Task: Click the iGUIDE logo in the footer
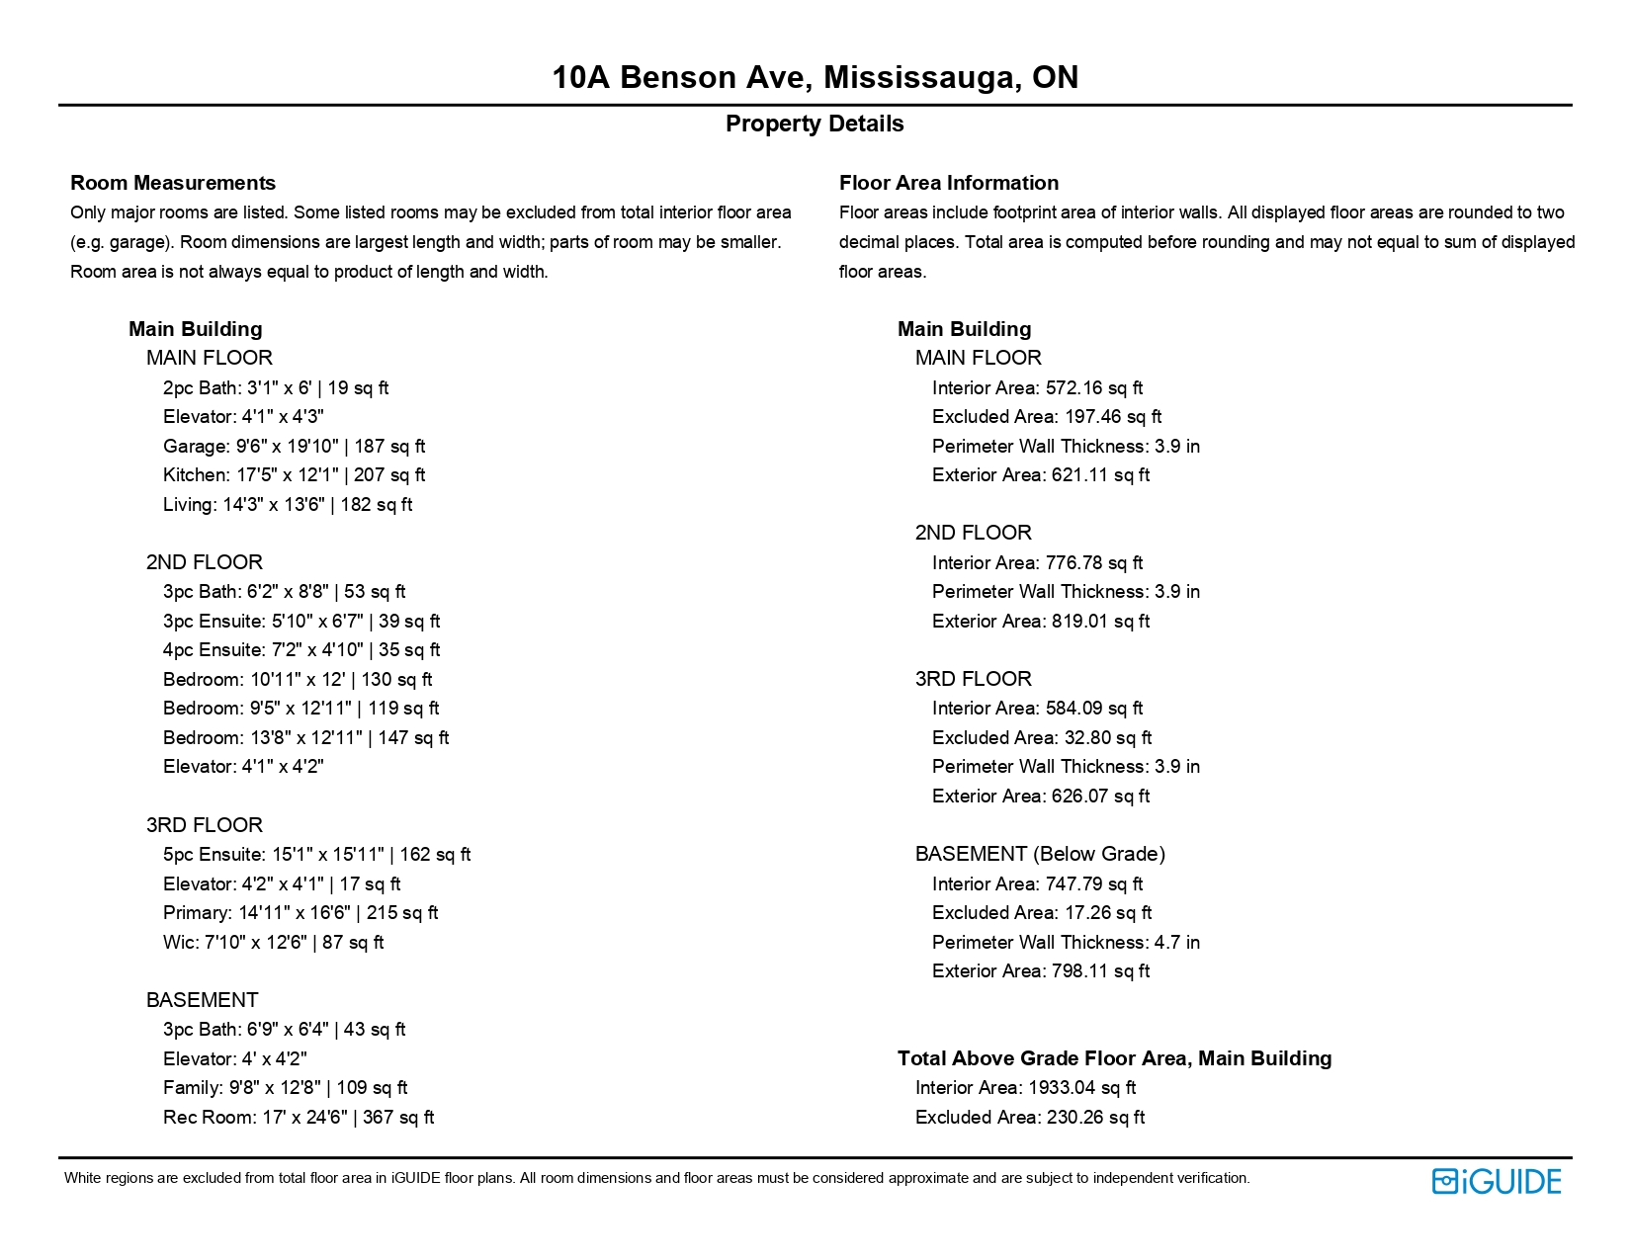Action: (1496, 1181)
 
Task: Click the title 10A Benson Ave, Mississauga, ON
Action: (815, 77)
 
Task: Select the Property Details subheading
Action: (815, 124)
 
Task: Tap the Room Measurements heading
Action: (173, 183)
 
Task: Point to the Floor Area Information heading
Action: (948, 183)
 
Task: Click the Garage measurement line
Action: (294, 447)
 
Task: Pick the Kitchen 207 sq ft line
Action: (294, 475)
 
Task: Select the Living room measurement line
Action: (287, 505)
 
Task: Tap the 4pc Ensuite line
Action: (301, 650)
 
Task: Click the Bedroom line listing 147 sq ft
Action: (305, 738)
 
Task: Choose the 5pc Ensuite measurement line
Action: (316, 855)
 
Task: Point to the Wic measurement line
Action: (273, 943)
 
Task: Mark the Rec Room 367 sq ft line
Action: (299, 1118)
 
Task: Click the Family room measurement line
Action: (285, 1088)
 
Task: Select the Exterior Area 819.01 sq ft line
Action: (1040, 622)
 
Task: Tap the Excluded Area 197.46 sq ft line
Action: (1046, 417)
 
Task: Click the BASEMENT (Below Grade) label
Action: (1040, 854)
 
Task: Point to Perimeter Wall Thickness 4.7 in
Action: (1066, 943)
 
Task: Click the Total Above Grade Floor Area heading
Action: (1114, 1058)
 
